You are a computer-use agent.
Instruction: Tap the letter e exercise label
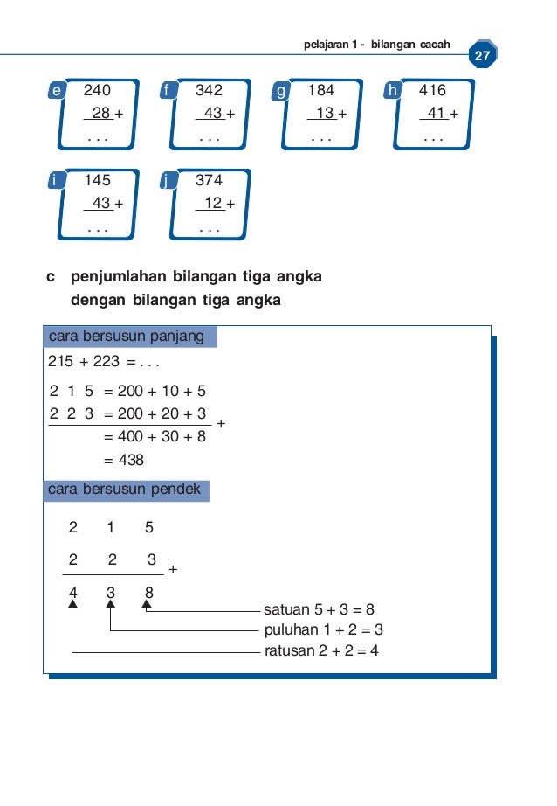tap(58, 90)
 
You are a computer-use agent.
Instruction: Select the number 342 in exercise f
tap(209, 90)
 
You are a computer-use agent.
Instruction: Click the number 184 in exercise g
tap(320, 90)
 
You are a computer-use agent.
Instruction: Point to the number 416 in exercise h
tap(432, 90)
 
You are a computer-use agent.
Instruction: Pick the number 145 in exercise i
tap(98, 181)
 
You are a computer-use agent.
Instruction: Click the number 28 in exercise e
tap(101, 113)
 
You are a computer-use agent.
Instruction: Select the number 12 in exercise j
tap(213, 204)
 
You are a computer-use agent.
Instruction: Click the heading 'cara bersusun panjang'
tap(127, 337)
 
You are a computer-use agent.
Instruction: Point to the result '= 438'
tap(123, 460)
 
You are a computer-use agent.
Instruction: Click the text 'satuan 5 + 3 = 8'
tap(319, 610)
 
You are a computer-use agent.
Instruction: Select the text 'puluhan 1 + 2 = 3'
tap(323, 630)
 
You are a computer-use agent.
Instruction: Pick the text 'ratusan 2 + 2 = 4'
tap(320, 651)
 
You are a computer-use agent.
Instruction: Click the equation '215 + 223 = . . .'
tap(104, 362)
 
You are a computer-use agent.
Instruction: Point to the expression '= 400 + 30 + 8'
tap(155, 436)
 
